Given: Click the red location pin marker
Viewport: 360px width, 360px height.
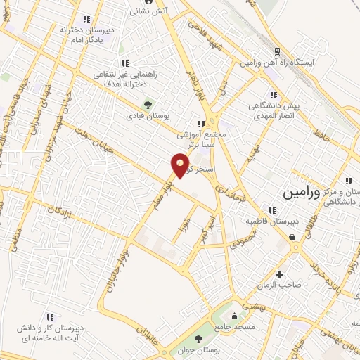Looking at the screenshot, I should coord(181,165).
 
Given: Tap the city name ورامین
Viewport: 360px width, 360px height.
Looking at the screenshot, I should coord(302,191).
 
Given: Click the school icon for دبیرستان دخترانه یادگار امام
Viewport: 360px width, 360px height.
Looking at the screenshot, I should coord(86,19).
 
